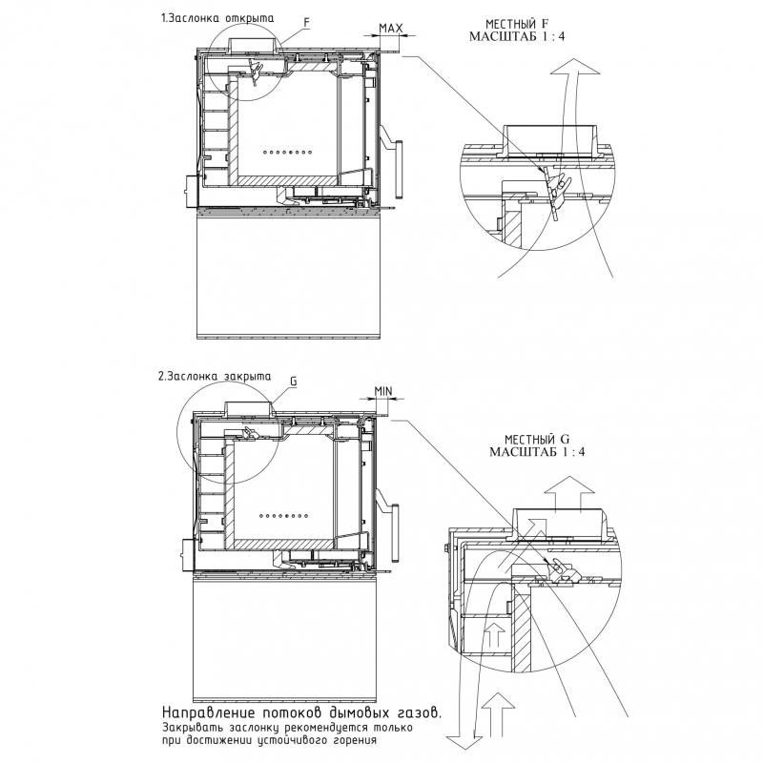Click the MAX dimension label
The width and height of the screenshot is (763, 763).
(390, 29)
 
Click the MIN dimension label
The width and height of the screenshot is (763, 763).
(383, 391)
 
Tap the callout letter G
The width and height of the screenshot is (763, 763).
(293, 381)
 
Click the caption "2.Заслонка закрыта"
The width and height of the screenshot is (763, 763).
(215, 376)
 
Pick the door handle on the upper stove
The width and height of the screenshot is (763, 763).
(392, 150)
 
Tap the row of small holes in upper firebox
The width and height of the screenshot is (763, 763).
(289, 152)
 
